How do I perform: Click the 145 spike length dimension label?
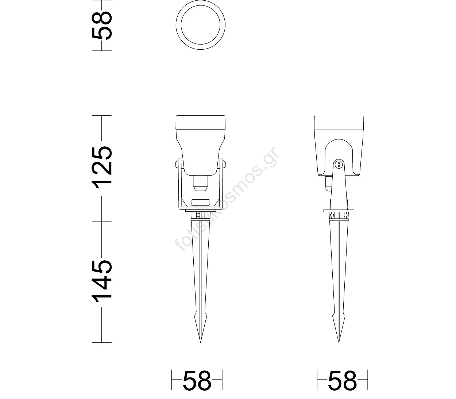(x=102, y=280)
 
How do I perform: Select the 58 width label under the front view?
(x=197, y=383)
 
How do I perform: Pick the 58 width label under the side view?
(x=342, y=383)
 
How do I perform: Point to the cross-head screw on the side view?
(x=339, y=165)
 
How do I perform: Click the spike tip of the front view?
(x=200, y=342)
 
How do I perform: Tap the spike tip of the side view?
(x=339, y=342)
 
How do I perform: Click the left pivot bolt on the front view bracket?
(x=178, y=164)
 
